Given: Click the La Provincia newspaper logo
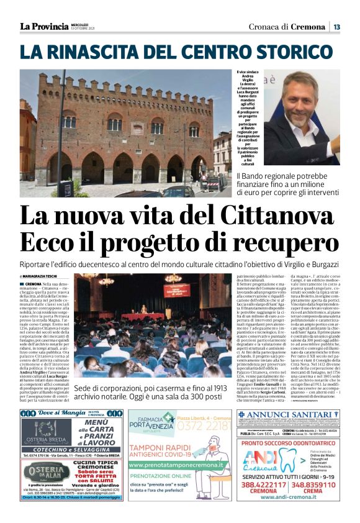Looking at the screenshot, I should pyautogui.click(x=43, y=26).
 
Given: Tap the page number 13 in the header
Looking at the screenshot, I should pyautogui.click(x=336, y=27).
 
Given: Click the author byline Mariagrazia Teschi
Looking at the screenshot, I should pyautogui.click(x=40, y=276).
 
